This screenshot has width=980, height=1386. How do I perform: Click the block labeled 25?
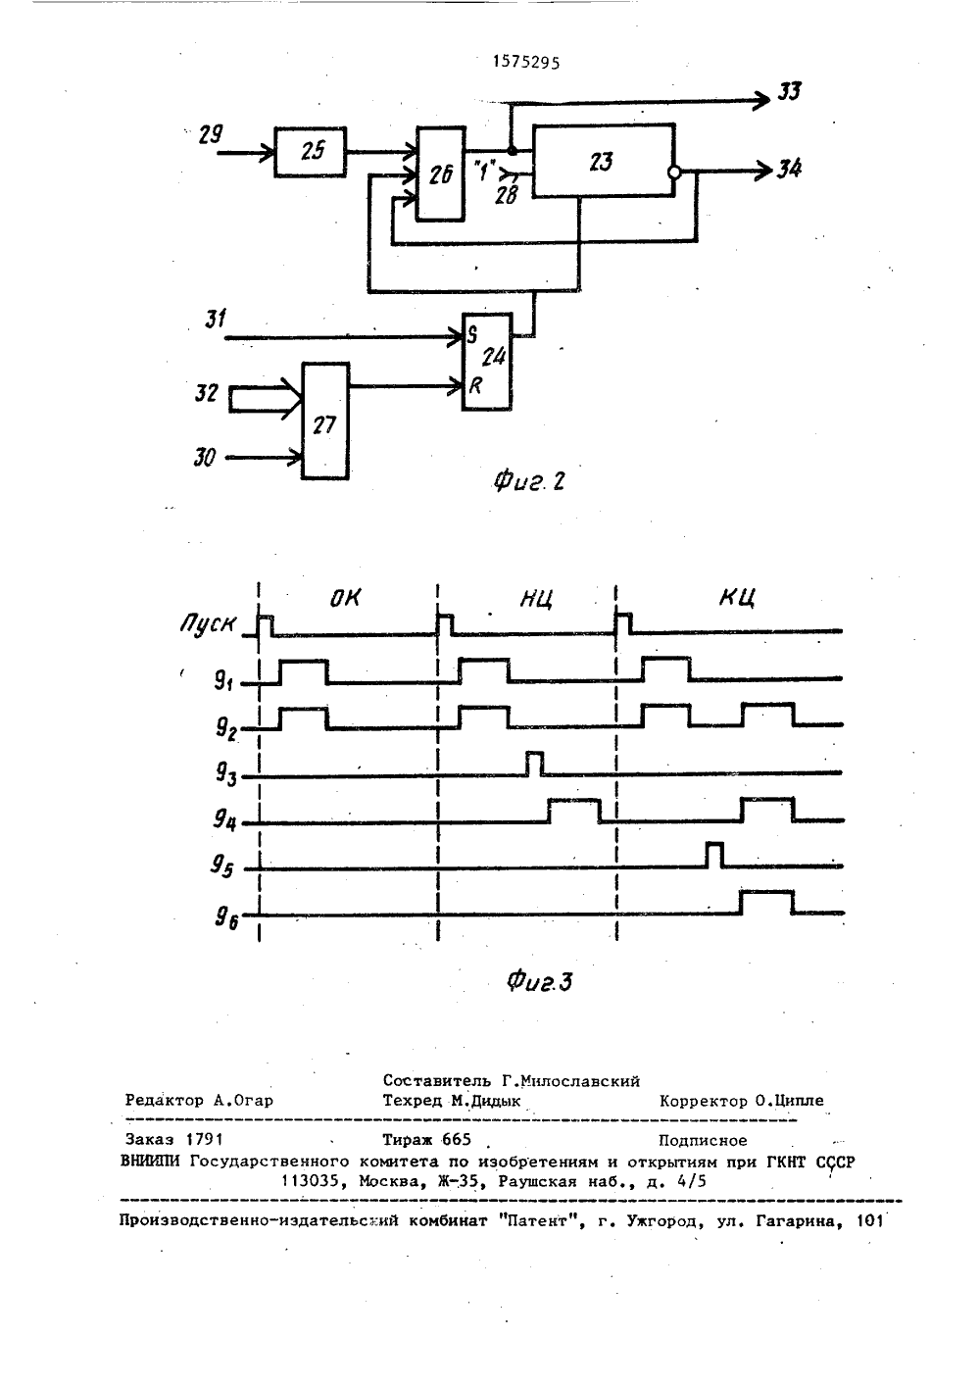point(310,152)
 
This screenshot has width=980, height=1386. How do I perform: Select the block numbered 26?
point(440,173)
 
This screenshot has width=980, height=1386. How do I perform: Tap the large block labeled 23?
point(604,161)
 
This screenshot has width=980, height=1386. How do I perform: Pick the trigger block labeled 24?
point(487,362)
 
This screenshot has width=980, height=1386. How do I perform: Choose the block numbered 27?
point(324,421)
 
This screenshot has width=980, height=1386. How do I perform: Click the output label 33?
point(789,92)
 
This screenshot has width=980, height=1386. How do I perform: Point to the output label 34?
point(789,169)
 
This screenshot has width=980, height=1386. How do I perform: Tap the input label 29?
point(211,134)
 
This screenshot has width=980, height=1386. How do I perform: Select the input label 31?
point(216,320)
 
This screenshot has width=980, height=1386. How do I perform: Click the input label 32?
point(206,393)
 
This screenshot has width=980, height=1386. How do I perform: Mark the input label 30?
point(205,458)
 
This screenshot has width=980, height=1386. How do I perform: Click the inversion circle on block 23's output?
point(675,173)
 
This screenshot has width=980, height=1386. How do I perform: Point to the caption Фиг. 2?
point(529,481)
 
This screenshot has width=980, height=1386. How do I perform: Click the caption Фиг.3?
point(539,981)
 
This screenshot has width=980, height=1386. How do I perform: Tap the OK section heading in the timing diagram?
point(344,598)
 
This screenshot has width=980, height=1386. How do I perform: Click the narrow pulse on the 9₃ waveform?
point(535,764)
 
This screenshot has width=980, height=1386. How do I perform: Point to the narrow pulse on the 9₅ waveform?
point(714,856)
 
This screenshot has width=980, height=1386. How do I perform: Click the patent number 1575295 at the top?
point(526,62)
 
